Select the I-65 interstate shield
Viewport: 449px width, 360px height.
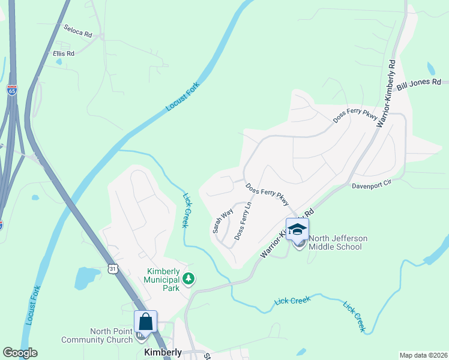tap(12, 90)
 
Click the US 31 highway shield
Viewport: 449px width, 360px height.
tap(113, 269)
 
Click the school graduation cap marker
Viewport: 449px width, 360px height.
tap(297, 229)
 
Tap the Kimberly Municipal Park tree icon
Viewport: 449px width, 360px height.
tap(189, 278)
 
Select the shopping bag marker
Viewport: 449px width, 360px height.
tap(145, 322)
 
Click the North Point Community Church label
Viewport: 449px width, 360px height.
tap(112, 335)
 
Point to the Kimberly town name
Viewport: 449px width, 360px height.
tap(163, 352)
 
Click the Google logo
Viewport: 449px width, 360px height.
tap(20, 353)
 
